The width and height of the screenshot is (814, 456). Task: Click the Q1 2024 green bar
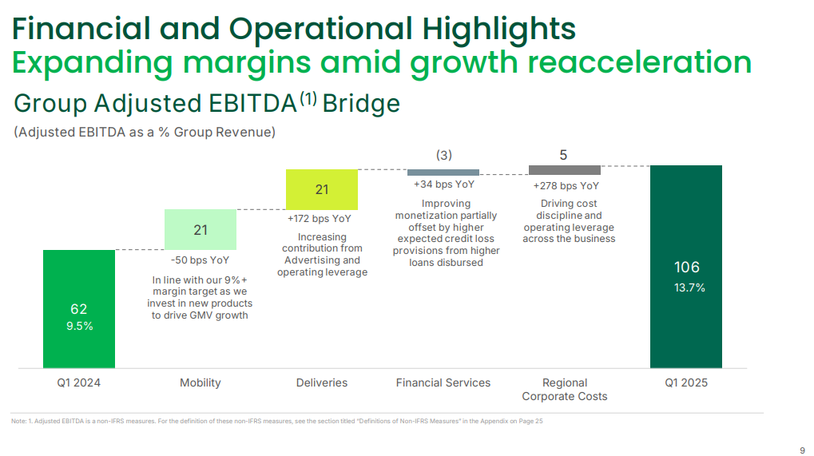coord(79,308)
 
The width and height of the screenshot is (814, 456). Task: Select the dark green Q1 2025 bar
coord(686,266)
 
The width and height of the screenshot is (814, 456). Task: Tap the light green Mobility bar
coord(201,230)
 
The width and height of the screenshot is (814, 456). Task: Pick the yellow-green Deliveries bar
coord(322,189)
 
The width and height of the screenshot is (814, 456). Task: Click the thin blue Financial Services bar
coord(443,172)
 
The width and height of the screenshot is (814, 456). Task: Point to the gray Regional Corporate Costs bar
coord(565,170)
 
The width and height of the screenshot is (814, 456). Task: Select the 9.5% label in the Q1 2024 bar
coord(79,326)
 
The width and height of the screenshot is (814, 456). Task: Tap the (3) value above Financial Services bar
coord(443,155)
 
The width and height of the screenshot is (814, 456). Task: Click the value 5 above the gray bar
coord(564,155)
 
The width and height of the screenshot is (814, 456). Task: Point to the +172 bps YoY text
coord(320,218)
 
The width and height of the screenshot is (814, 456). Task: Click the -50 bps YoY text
coord(200,260)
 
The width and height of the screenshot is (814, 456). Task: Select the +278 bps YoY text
coord(566,185)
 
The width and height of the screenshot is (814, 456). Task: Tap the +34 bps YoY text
coord(444,184)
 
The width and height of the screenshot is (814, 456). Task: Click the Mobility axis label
coord(201,383)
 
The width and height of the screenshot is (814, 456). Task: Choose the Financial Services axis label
coord(443,383)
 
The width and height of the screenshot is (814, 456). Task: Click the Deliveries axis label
coord(322,383)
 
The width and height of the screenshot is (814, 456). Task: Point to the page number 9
coord(802,448)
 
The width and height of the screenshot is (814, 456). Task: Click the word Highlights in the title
coord(495,29)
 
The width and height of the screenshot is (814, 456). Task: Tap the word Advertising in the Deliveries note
coord(322,260)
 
